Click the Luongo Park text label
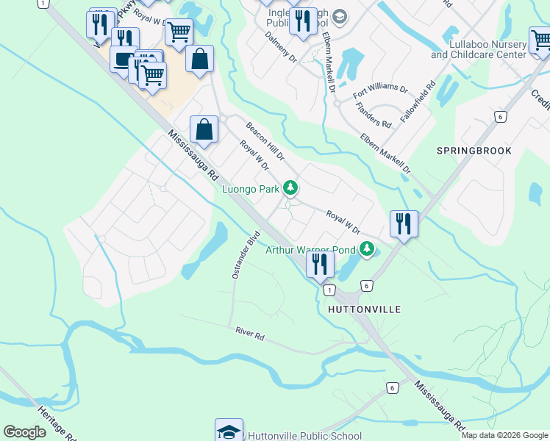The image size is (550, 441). tap(251, 189)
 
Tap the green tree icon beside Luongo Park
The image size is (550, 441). tap(291, 189)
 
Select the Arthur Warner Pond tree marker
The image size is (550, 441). tap(367, 250)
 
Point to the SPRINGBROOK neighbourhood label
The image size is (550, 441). tap(474, 150)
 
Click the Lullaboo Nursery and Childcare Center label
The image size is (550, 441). tap(479, 50)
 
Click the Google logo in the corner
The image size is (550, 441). tap(24, 432)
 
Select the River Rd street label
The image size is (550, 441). tap(249, 334)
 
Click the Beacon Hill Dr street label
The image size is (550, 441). tap(265, 141)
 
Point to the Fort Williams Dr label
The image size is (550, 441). tap(380, 91)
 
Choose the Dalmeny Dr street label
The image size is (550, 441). tap(279, 46)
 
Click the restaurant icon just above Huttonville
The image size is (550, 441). tap(320, 265)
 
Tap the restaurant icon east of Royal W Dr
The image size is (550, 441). tap(404, 223)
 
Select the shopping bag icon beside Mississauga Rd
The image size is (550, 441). tap(204, 129)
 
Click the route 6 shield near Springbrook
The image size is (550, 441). tap(499, 116)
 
